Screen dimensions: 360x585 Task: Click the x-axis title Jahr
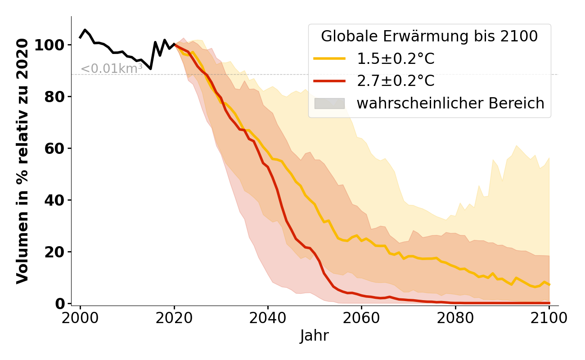pyautogui.click(x=314, y=336)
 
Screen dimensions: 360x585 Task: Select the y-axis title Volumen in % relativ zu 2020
pyautogui.click(x=22, y=161)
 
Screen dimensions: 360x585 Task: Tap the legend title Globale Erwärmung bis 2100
pyautogui.click(x=429, y=36)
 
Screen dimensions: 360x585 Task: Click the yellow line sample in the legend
pyautogui.click(x=329, y=58)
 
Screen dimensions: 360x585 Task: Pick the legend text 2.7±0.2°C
pyautogui.click(x=396, y=81)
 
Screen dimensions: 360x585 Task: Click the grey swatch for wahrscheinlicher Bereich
pyautogui.click(x=329, y=103)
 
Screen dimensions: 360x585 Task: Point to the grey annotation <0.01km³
pyautogui.click(x=112, y=69)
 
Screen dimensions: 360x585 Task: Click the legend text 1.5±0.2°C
pyautogui.click(x=396, y=58)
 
